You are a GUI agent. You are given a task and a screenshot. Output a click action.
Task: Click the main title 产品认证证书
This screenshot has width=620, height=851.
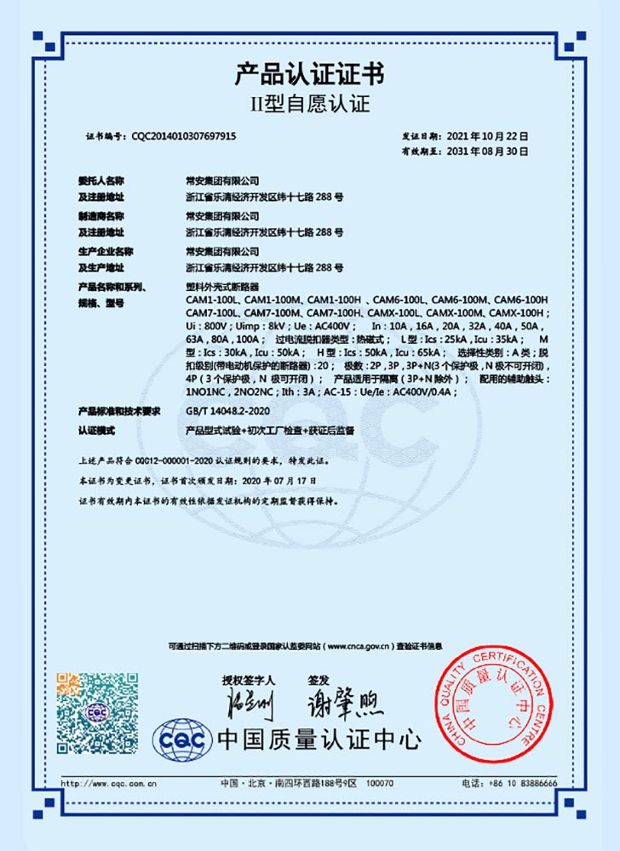click(309, 75)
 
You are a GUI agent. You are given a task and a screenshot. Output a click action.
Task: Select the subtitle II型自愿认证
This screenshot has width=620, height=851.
click(309, 106)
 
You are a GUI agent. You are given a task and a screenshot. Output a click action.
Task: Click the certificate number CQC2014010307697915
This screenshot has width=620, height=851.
click(183, 136)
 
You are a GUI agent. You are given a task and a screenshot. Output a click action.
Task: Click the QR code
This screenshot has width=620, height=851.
click(97, 713)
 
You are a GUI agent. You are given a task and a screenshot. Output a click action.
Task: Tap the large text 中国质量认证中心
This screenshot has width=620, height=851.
click(319, 739)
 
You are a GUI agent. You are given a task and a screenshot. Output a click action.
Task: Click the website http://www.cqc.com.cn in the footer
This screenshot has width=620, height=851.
click(111, 783)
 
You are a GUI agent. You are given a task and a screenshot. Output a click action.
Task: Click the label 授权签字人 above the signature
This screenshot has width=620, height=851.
click(248, 681)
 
